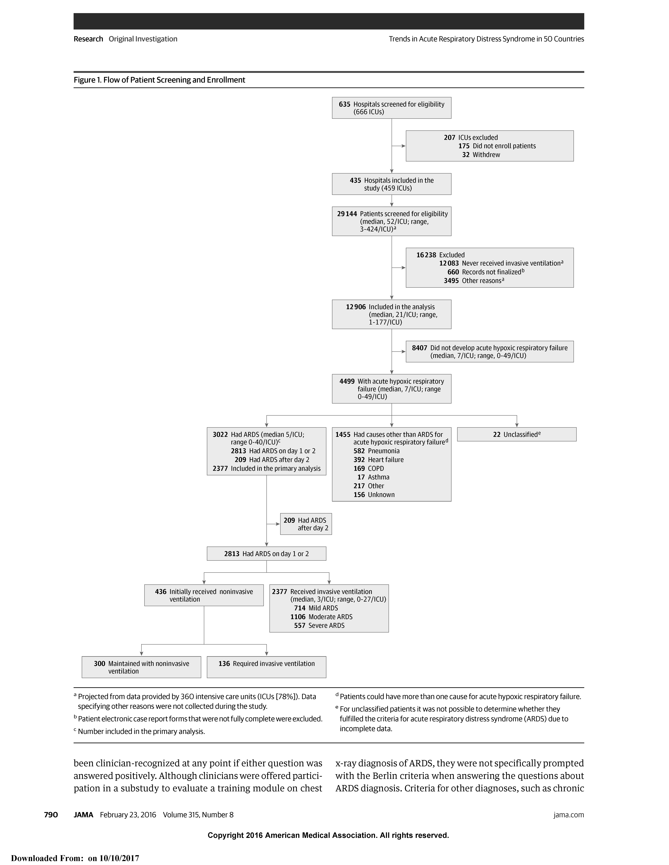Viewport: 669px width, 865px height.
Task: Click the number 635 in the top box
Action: coord(344,104)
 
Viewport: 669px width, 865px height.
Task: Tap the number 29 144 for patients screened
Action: coord(347,214)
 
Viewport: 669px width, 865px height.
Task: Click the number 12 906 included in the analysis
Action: coord(355,307)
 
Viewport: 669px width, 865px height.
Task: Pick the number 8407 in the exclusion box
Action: coord(419,348)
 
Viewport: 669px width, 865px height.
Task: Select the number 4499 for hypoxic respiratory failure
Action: coord(347,381)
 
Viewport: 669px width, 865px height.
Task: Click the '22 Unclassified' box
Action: coord(516,434)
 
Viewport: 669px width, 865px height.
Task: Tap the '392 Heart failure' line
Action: coord(378,460)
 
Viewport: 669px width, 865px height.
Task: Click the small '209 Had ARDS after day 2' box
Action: coord(306,524)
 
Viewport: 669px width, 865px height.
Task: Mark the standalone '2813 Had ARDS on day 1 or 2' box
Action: coord(266,554)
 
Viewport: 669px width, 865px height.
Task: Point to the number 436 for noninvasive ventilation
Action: coord(161,592)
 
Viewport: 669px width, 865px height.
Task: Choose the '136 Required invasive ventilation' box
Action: coord(266,664)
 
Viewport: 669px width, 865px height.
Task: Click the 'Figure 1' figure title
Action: coord(159,80)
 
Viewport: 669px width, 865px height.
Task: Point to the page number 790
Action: coord(51,815)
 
